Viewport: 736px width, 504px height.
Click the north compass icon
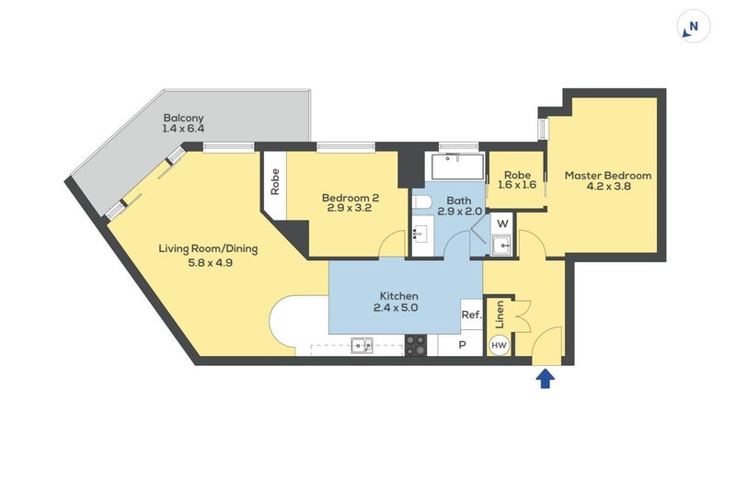[692, 28]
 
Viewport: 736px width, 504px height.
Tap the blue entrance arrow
[545, 377]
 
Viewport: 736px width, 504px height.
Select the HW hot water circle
[499, 345]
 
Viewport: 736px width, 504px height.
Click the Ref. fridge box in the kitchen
[471, 315]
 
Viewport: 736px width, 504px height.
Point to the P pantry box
[461, 345]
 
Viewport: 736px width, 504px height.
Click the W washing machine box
[502, 223]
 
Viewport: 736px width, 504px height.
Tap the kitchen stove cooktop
[416, 345]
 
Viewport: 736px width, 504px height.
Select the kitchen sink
[361, 345]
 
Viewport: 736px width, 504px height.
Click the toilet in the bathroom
[420, 201]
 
